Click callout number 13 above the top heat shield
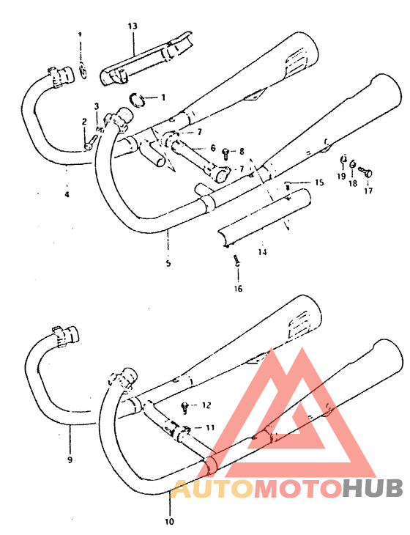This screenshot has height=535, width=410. pos(132,26)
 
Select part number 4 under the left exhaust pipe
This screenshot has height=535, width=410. pos(67,194)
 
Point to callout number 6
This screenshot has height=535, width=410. pos(212,148)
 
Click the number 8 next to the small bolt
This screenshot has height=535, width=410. pos(241,151)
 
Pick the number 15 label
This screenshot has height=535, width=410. pos(318,182)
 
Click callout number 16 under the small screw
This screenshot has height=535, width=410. pos(236,288)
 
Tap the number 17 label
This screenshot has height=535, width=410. pos(368,191)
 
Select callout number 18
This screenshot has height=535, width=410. pos(353,184)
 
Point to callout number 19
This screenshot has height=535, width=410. pos(340,177)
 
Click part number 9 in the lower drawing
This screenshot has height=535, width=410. pos(70,460)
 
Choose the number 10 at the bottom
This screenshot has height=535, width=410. pos(170,522)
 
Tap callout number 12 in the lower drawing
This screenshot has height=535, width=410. pos(206,405)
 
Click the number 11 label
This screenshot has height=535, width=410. pos(210,427)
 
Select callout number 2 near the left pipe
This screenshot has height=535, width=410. pos(84,122)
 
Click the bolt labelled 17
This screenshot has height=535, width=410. pos(367,172)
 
